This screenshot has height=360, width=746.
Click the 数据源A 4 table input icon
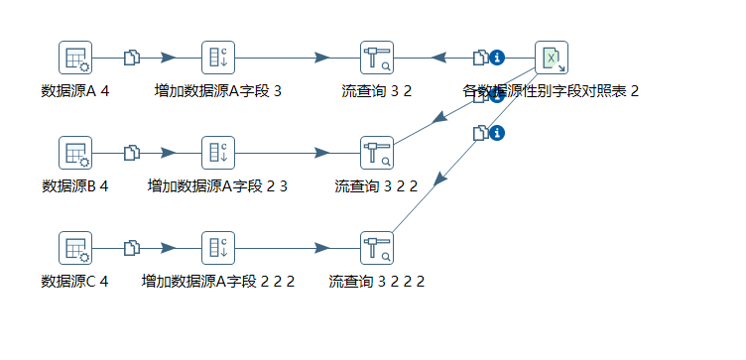point(75,58)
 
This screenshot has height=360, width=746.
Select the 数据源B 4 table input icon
point(75,153)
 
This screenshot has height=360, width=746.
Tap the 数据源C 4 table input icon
point(75,248)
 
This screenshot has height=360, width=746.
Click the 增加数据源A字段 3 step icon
point(218,58)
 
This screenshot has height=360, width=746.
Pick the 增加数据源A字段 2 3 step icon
point(218,153)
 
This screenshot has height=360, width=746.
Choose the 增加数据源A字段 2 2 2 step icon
point(218,248)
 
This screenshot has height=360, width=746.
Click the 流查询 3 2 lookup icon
point(377,58)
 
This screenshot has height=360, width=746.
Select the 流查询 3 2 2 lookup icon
point(377,153)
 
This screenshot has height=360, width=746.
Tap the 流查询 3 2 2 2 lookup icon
point(377,248)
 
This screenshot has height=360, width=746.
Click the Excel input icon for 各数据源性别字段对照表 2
point(552,58)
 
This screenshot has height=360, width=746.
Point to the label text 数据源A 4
point(75,91)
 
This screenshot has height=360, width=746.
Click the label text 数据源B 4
point(75,186)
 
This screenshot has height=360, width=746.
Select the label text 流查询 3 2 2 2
point(377,282)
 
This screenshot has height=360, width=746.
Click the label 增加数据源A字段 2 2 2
point(218,282)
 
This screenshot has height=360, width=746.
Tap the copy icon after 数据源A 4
point(131,58)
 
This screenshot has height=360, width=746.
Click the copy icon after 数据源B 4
point(131,153)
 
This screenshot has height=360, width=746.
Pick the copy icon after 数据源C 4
point(131,248)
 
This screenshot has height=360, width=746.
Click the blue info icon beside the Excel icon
point(498,58)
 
